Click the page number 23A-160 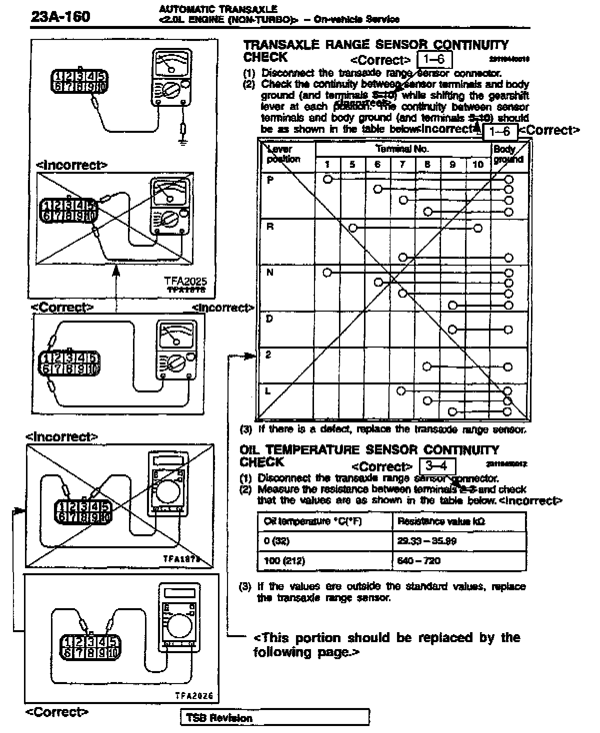pos(60,17)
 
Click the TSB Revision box pos(274,718)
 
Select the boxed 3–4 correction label pos(437,466)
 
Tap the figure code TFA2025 pos(185,282)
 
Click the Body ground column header pos(508,154)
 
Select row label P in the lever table pos(270,180)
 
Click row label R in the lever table pos(270,226)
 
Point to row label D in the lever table pos(270,318)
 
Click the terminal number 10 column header pos(477,164)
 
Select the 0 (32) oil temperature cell pos(276,541)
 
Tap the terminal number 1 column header pos(327,164)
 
